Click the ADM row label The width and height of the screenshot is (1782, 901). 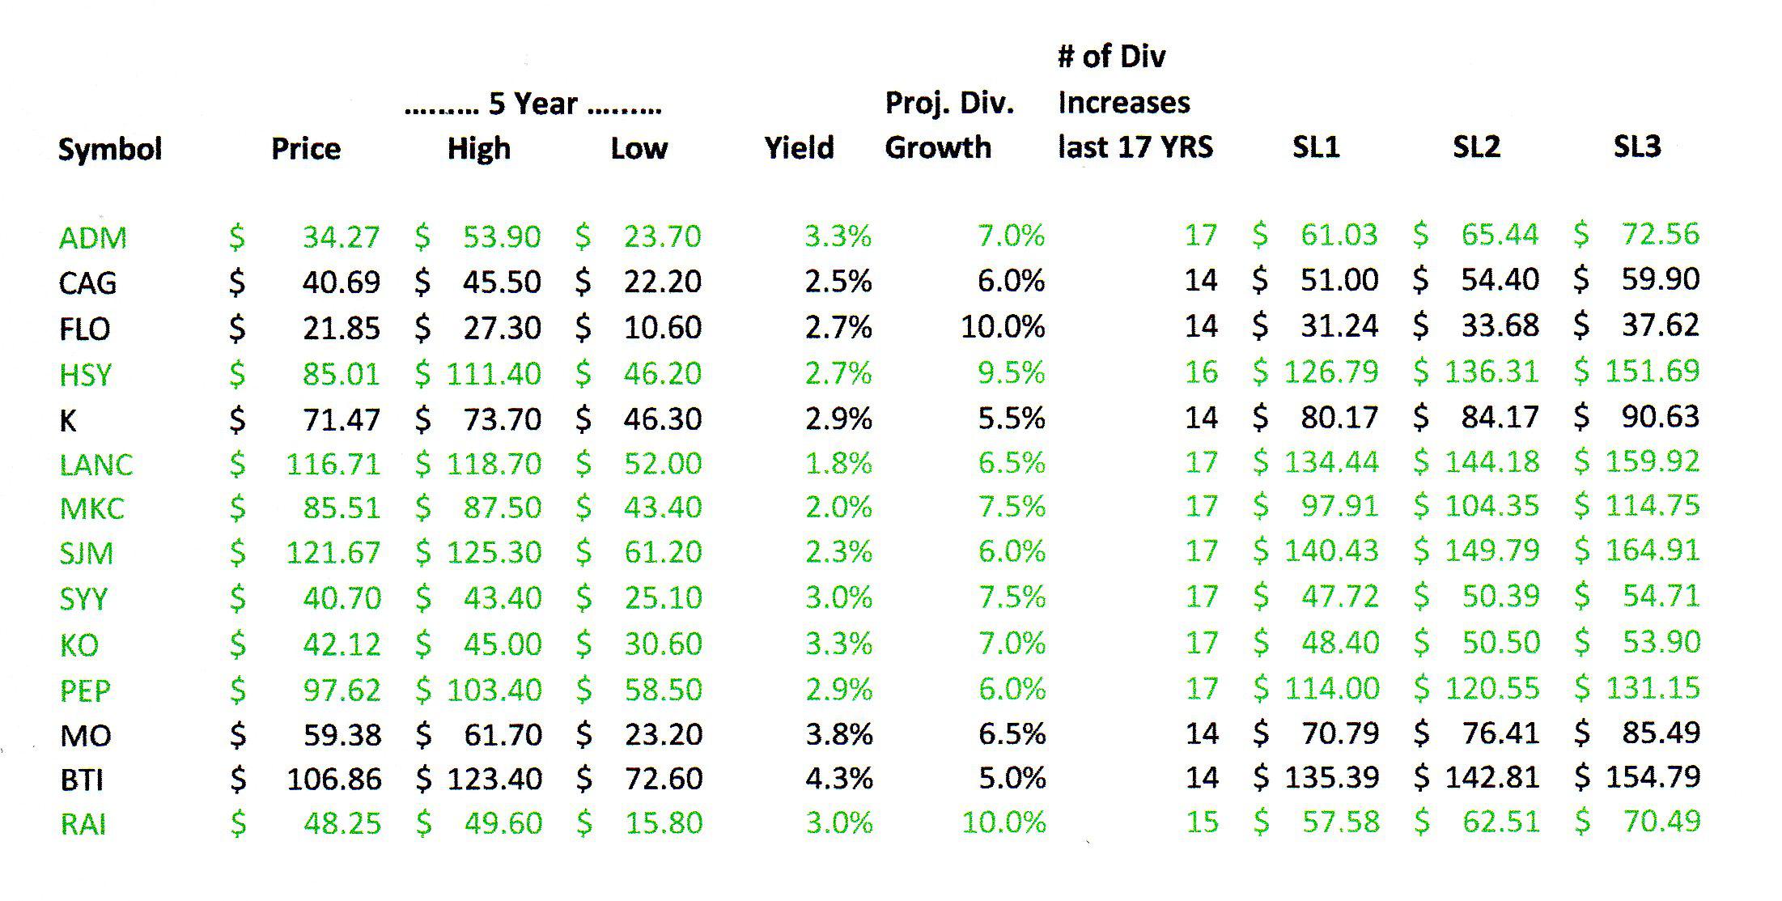click(x=92, y=238)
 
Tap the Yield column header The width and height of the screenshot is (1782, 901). click(x=799, y=148)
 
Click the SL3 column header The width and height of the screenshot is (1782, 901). click(x=1636, y=147)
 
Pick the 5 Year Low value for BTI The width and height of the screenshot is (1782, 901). click(x=663, y=779)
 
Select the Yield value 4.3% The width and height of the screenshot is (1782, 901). click(x=838, y=779)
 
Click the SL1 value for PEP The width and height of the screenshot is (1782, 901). click(x=1331, y=689)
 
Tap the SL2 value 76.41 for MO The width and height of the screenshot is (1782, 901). click(x=1500, y=733)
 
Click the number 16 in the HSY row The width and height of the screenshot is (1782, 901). click(x=1201, y=372)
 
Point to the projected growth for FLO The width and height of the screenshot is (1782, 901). click(x=1003, y=327)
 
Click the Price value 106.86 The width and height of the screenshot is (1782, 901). click(x=333, y=779)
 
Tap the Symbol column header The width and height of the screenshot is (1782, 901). click(x=110, y=149)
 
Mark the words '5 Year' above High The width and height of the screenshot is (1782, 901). click(x=532, y=104)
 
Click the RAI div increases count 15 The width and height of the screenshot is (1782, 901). click(x=1202, y=822)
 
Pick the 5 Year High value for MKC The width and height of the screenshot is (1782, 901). click(x=502, y=508)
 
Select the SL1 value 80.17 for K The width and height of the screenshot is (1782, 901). click(x=1339, y=418)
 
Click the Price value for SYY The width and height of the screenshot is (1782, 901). click(x=342, y=598)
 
